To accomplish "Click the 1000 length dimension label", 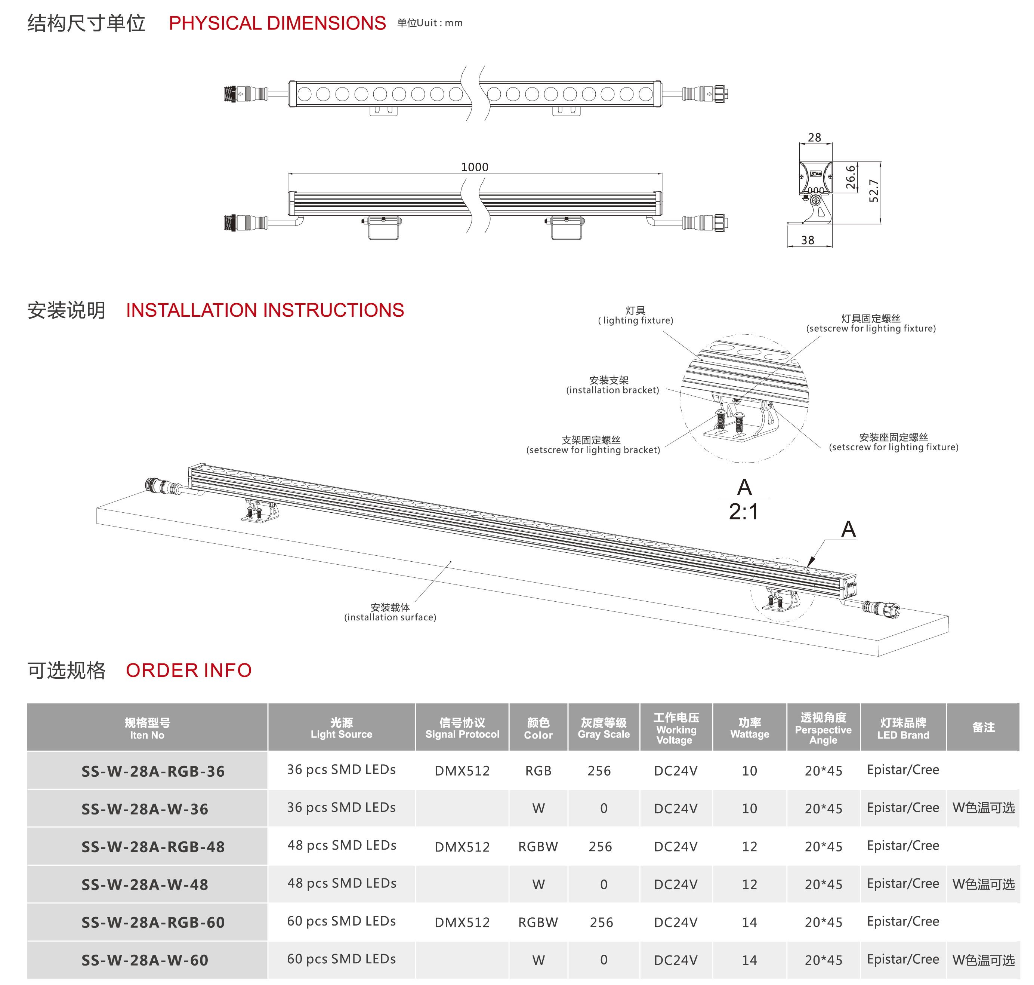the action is point(474,167).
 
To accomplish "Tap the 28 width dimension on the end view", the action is point(814,138).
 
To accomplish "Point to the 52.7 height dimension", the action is point(873,191).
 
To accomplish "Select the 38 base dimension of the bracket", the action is point(808,240).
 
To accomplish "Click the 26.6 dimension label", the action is point(851,178).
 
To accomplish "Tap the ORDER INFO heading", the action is point(189,670).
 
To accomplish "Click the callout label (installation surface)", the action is point(390,617).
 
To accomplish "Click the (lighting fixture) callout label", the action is point(636,320).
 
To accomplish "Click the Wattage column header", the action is point(750,728).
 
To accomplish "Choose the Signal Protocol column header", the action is point(462,728).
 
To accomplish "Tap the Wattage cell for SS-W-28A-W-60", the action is point(749,960).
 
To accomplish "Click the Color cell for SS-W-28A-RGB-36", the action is point(538,770).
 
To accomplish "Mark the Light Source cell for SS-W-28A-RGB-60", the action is point(342,921).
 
